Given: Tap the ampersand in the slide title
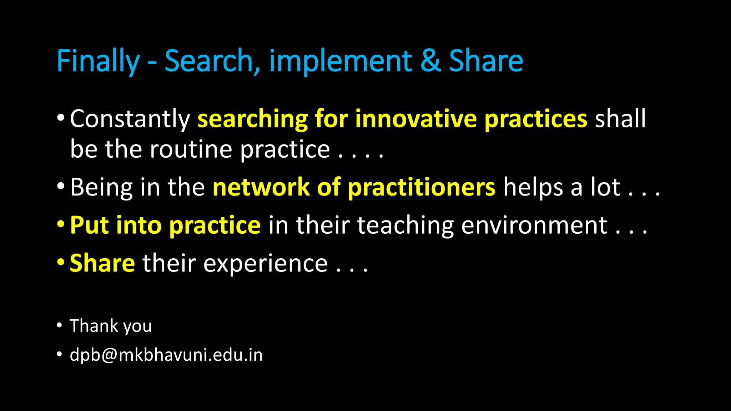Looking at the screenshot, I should coord(430,61).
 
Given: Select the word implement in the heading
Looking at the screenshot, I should coord(341,61).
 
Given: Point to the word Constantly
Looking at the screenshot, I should coord(130,119).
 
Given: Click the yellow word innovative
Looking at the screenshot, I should coord(416,119).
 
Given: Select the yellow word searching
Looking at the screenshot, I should coord(252,119).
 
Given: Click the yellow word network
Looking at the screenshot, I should coord(261,187).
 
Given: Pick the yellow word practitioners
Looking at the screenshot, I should coord(422,187).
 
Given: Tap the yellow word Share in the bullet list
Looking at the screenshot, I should coord(102,263).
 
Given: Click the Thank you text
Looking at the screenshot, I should coord(111,326).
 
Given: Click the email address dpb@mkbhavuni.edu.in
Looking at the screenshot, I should coord(166,355).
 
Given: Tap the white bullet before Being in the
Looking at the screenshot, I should coord(61,186).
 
